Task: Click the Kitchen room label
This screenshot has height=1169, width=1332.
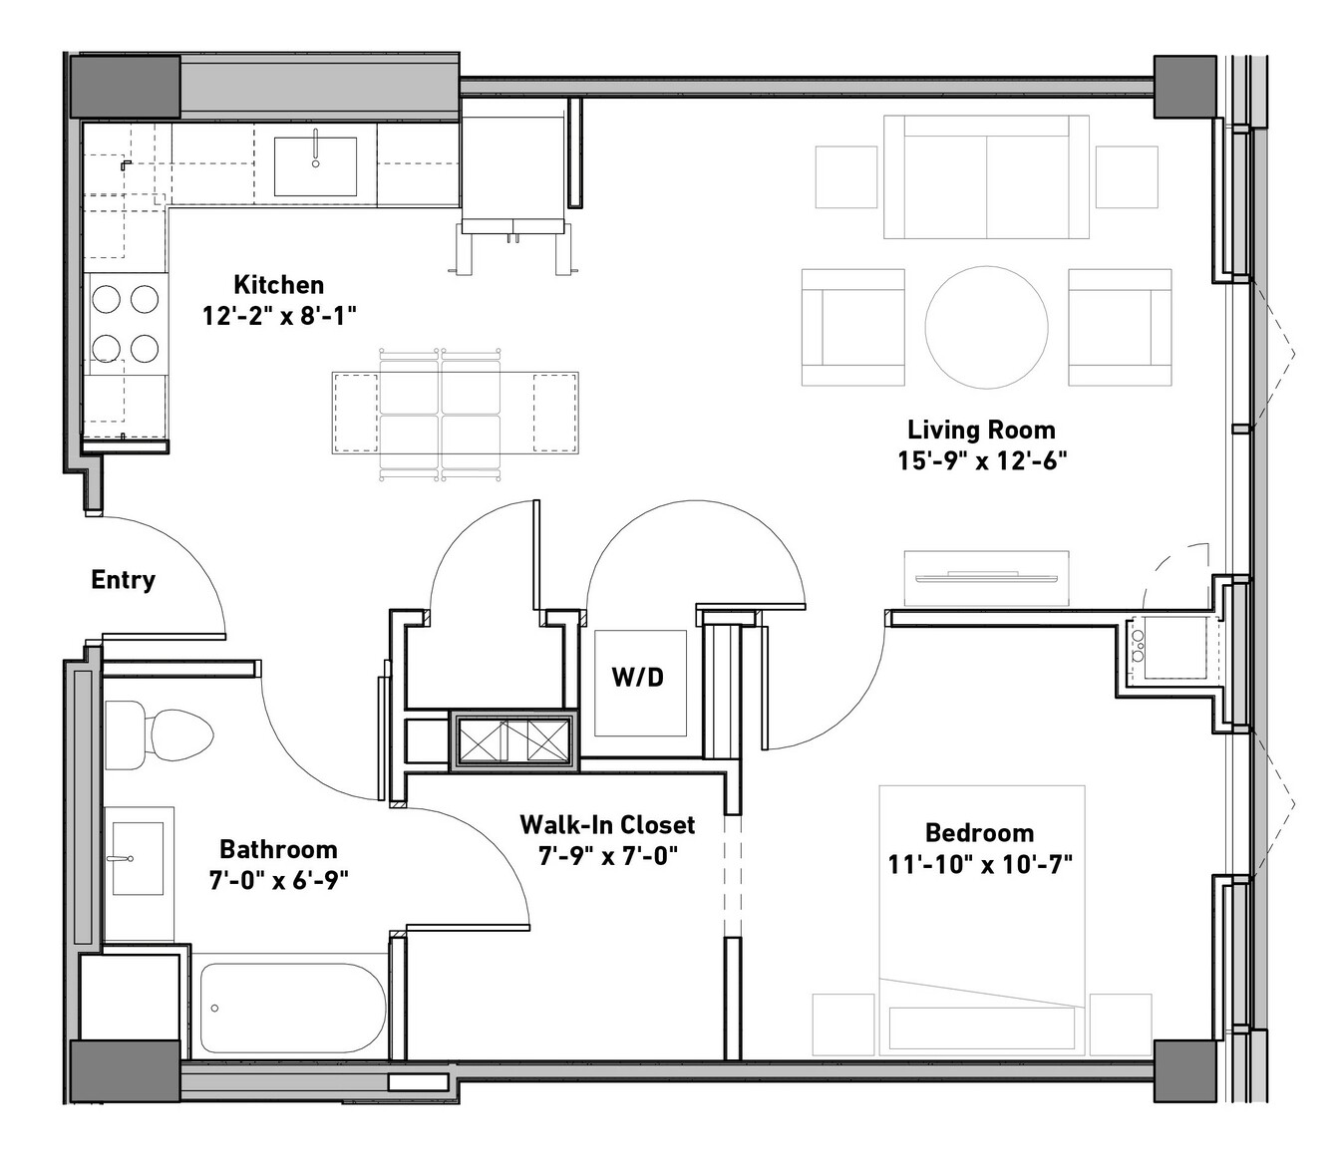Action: (279, 285)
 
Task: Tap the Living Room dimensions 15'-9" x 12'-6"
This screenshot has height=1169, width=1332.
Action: (982, 460)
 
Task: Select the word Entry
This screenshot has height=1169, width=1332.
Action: (123, 580)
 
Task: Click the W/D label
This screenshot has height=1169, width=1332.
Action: (638, 677)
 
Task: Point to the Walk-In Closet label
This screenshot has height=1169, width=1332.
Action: (607, 824)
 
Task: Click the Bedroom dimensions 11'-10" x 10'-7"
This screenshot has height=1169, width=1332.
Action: (980, 864)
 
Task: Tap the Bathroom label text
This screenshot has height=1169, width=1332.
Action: (278, 849)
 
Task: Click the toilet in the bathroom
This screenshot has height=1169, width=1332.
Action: (159, 734)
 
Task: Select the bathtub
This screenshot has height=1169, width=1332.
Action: (292, 1008)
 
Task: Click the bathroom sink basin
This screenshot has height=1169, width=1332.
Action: (138, 858)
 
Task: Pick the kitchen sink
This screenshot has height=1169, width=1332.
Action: (315, 166)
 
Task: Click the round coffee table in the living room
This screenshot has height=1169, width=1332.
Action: (986, 327)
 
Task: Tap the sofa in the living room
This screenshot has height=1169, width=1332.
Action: (986, 176)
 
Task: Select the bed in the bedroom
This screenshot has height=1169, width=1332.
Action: (982, 920)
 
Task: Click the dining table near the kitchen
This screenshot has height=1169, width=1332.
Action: (455, 413)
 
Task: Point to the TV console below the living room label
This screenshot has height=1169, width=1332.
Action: (986, 578)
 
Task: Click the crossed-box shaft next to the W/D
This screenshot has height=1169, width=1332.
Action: (513, 740)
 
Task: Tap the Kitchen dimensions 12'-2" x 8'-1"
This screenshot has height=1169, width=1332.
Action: (279, 316)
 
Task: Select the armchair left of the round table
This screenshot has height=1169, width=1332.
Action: (852, 327)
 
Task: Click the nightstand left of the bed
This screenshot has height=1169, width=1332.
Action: (844, 1024)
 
